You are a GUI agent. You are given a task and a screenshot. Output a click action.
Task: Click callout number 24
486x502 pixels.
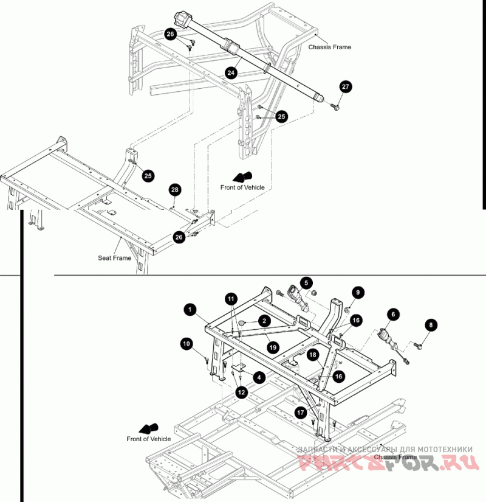[x=231, y=72]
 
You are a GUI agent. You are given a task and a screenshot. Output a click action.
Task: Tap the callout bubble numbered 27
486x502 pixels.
[x=346, y=87]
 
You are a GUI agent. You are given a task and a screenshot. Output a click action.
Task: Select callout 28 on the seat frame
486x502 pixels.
[x=175, y=190]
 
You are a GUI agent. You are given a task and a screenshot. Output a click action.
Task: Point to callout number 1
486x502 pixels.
[x=190, y=310]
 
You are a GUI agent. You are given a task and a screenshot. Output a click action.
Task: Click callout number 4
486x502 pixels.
[x=259, y=377]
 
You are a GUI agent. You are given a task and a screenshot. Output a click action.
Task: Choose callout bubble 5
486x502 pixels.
[x=307, y=282]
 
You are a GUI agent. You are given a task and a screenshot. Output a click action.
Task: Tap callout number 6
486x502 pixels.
[x=393, y=314]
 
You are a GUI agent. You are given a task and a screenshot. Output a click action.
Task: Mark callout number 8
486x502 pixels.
[x=431, y=325]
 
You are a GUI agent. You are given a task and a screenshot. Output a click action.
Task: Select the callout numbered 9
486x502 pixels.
[x=358, y=293]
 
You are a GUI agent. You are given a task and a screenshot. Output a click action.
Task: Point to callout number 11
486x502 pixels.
[x=231, y=299]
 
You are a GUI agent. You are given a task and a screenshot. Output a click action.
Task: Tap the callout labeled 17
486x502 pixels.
[x=301, y=412]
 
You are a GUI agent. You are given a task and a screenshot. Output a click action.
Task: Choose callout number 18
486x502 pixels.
[x=313, y=354]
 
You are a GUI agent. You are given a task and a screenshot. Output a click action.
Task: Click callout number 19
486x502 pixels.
[x=273, y=347]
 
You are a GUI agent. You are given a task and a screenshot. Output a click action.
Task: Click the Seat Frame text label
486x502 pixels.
[x=115, y=258]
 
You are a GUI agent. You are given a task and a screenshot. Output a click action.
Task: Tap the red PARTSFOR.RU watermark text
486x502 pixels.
[x=389, y=464]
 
